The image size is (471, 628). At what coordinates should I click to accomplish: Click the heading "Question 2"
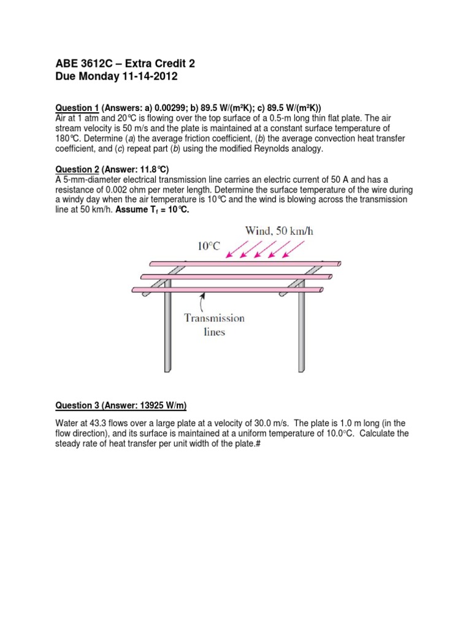coord(77,169)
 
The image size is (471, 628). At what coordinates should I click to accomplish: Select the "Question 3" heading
coord(77,405)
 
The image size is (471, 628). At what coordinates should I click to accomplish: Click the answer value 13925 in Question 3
coord(152,405)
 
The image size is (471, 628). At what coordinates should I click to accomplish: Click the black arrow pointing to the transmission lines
coord(203,301)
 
